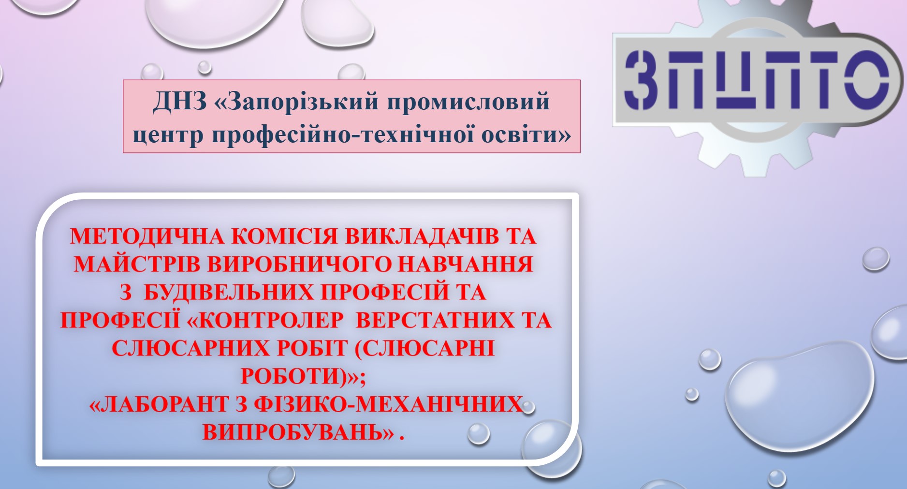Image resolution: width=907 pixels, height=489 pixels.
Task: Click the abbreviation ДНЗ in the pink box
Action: (x=180, y=102)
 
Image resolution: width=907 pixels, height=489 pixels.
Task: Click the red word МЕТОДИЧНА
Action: (x=147, y=237)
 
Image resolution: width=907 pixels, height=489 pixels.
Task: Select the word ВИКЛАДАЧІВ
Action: (x=422, y=237)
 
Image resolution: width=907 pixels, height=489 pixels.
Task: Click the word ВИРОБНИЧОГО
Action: (x=299, y=264)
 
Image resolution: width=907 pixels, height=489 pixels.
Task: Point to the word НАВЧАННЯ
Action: (x=465, y=264)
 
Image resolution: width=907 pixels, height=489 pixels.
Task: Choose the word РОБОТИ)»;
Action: (x=303, y=376)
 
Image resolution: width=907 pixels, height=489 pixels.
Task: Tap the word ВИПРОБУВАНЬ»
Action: (x=298, y=432)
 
